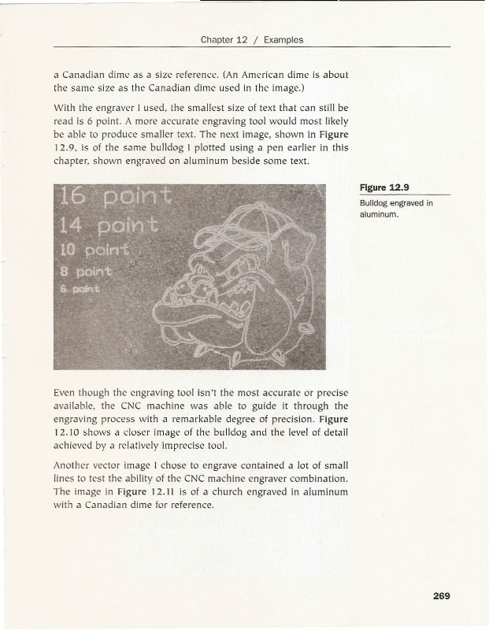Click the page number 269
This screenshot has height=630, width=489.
click(440, 596)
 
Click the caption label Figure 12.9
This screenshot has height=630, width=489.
click(387, 187)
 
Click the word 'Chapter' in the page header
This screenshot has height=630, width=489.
click(218, 39)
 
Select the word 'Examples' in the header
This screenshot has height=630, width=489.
click(283, 39)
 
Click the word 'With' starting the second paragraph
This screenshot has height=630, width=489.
click(65, 105)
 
